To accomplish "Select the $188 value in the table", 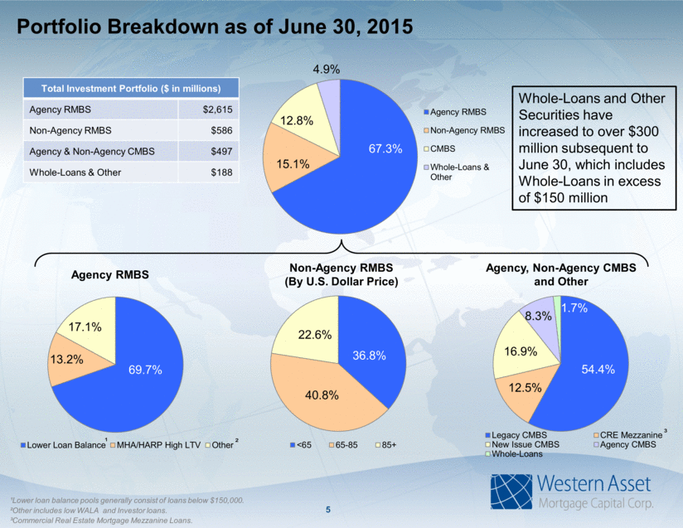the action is [x=221, y=172].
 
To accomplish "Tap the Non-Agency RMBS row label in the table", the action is [x=70, y=130].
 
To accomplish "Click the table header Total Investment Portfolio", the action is [x=131, y=89].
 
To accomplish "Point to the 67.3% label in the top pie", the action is [x=385, y=148].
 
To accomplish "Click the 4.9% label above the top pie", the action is [x=327, y=70].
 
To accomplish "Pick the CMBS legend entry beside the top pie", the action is [x=440, y=148].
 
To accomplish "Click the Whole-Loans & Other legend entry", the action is [x=457, y=172].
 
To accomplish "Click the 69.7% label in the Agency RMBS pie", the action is [x=145, y=370].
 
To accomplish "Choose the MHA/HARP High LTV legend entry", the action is [x=156, y=445].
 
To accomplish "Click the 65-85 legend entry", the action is [x=343, y=445].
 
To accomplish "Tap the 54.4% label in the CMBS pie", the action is [x=598, y=370].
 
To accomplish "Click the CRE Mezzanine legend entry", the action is [x=628, y=435].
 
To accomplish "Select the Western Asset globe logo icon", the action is [x=511, y=492].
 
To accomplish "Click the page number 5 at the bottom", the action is [x=328, y=510].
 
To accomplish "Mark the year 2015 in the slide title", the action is [x=390, y=27].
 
